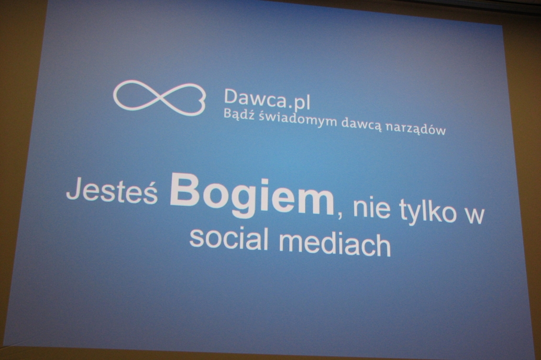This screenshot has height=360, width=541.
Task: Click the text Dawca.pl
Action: click(267, 99)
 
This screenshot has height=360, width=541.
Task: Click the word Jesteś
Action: click(112, 190)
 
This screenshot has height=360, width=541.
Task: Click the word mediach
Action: click(335, 243)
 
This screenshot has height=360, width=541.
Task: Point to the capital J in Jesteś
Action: click(73, 189)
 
